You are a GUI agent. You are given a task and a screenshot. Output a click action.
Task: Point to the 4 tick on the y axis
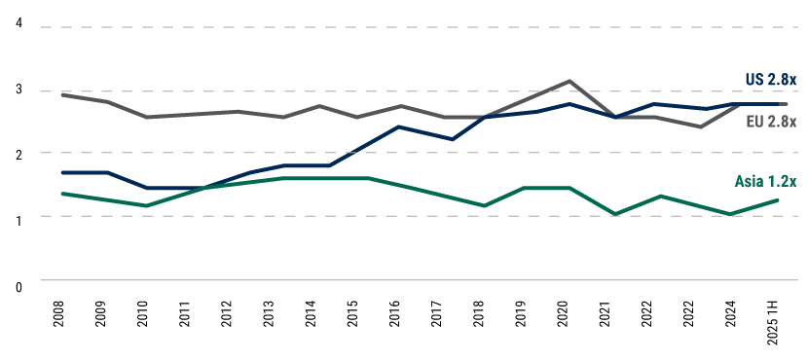[18, 23]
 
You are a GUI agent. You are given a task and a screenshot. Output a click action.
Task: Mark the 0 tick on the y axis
[18, 286]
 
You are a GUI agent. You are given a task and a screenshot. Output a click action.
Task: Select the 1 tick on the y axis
[18, 221]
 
